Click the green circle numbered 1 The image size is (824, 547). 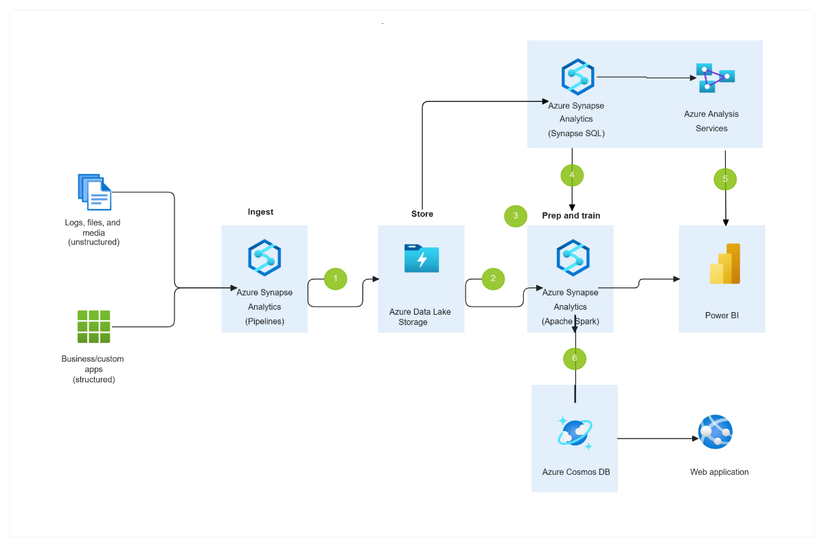335,278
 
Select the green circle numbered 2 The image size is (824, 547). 492,278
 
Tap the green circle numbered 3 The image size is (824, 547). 515,216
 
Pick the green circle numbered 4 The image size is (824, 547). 572,175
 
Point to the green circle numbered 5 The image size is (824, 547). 724,179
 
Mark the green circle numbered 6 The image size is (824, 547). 575,358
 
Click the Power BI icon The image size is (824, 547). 724,264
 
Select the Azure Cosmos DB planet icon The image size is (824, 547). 575,433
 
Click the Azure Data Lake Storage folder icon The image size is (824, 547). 422,258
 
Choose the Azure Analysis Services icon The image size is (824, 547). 715,77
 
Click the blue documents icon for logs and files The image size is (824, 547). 94,192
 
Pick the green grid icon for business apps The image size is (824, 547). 93,326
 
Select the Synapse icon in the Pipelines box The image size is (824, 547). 264,257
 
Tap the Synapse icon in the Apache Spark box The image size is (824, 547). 573,257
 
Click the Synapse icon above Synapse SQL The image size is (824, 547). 577,76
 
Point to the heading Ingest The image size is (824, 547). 260,212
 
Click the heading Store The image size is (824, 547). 422,214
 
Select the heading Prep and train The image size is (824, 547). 571,216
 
